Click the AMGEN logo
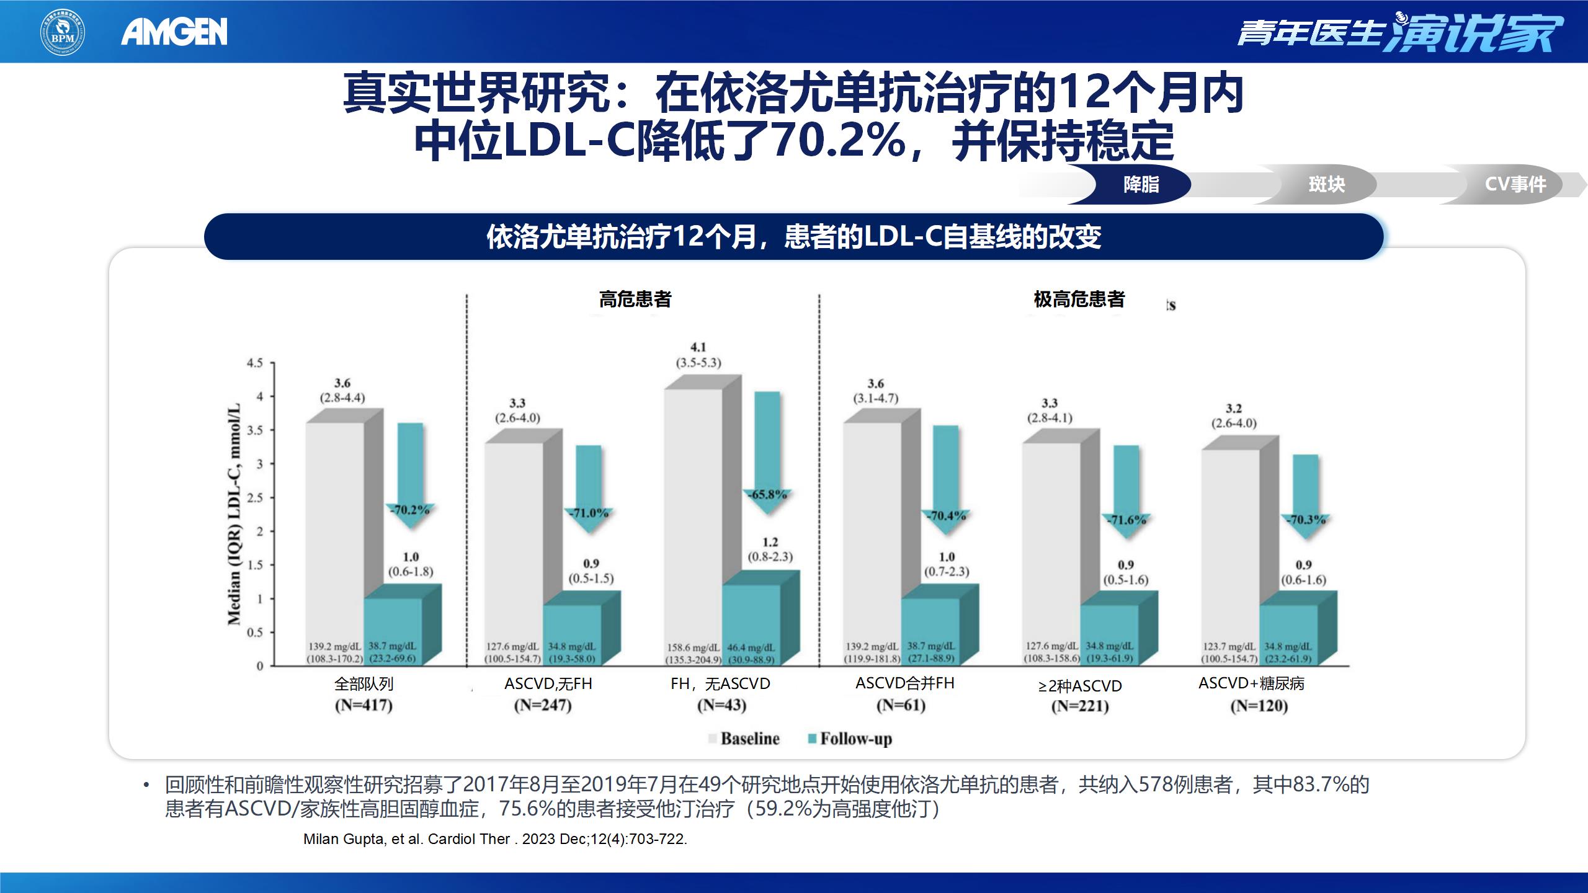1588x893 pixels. click(174, 32)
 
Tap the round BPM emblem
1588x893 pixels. click(63, 32)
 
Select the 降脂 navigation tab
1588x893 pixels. click(1141, 184)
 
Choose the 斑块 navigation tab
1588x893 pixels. click(1326, 184)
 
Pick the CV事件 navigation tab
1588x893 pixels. click(1515, 184)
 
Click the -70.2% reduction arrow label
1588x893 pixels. click(410, 510)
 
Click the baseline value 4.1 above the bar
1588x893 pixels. click(698, 347)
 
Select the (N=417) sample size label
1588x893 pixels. click(364, 705)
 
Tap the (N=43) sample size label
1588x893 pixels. click(721, 705)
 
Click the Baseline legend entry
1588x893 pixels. click(744, 739)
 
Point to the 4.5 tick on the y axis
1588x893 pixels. click(254, 363)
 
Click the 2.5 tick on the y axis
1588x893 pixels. click(254, 498)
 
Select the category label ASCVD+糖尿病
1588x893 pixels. click(1251, 683)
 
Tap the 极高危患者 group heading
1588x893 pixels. click(1079, 300)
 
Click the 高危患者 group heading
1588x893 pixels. click(635, 300)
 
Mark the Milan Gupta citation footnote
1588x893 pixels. click(495, 839)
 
